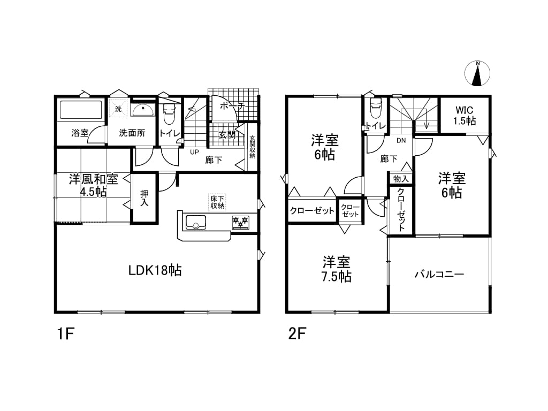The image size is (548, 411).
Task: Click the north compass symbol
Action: pos(477,73)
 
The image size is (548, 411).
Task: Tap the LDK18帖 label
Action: pos(155,270)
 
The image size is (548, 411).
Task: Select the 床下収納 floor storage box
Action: pos(217,202)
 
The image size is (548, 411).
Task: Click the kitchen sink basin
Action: pos(196,222)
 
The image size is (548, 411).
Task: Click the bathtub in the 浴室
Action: pos(81,110)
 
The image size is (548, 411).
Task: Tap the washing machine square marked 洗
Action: pos(118,108)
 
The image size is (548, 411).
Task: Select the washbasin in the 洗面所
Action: pos(143,110)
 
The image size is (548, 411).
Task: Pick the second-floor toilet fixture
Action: pos(376,109)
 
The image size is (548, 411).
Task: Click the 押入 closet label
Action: pos(144,197)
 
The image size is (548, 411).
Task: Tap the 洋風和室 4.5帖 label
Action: pos(93,185)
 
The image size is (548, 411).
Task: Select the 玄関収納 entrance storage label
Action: pos(253,147)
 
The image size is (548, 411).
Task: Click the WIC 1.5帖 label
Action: pos(465,116)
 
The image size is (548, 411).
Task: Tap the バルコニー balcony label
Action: pos(439,274)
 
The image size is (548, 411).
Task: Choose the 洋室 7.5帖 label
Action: pos(336,269)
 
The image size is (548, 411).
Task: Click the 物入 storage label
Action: pos(400,179)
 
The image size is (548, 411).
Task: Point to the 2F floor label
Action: pos(297,334)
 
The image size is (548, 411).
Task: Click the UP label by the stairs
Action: pos(194,153)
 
